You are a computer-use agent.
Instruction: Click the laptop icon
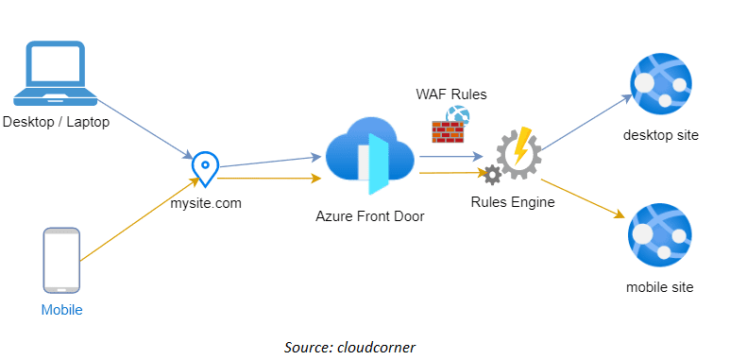(x=56, y=73)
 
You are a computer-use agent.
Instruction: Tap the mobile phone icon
(x=61, y=260)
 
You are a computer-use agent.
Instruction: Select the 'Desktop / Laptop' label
(x=56, y=122)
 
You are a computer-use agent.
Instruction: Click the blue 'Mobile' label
(x=61, y=310)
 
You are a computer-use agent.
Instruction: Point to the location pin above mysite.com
(x=204, y=168)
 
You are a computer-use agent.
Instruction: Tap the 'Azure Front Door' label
(x=370, y=215)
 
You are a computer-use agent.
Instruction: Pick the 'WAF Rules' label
(x=451, y=94)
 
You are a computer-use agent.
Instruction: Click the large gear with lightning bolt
(x=518, y=152)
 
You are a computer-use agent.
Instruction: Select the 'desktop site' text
(x=661, y=135)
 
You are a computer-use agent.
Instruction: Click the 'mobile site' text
(x=660, y=286)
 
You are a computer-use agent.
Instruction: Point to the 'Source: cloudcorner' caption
(x=350, y=347)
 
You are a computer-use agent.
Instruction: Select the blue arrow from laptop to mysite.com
(x=142, y=129)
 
